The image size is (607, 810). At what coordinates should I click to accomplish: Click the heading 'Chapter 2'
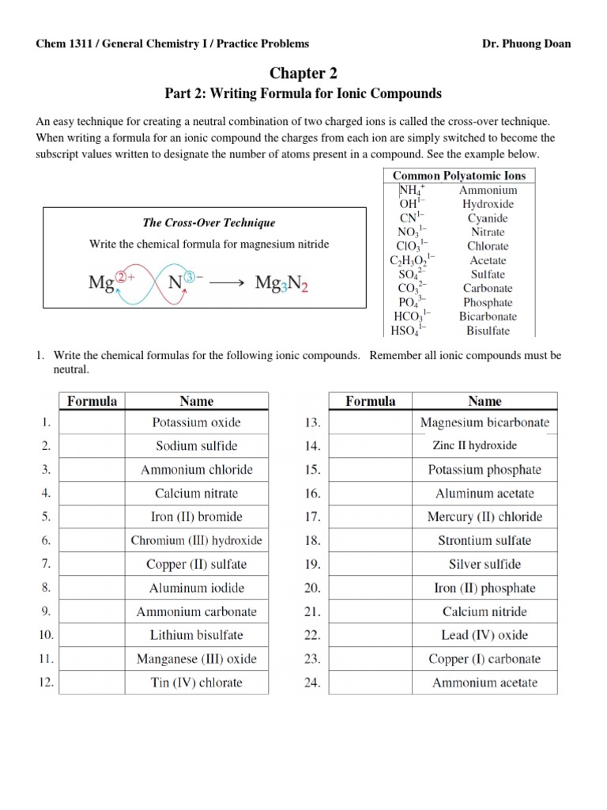pyautogui.click(x=303, y=74)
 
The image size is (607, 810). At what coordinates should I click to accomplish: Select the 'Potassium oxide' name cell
pyautogui.click(x=196, y=422)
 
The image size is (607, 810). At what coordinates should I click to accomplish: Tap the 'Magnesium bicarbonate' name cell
pyautogui.click(x=484, y=422)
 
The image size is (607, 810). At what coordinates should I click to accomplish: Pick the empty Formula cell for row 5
pyautogui.click(x=92, y=517)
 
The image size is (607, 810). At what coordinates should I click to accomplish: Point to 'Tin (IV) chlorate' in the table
pyautogui.click(x=196, y=683)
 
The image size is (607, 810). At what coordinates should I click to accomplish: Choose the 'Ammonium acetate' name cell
pyautogui.click(x=484, y=683)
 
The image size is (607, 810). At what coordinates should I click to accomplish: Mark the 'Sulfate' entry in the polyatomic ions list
pyautogui.click(x=488, y=274)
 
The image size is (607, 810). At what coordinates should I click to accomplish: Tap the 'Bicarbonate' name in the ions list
pyautogui.click(x=488, y=316)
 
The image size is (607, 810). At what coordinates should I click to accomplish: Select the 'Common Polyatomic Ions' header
pyautogui.click(x=459, y=176)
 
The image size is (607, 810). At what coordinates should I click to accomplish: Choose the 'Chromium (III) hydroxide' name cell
pyautogui.click(x=196, y=541)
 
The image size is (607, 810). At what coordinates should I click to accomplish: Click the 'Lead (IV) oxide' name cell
pyautogui.click(x=484, y=635)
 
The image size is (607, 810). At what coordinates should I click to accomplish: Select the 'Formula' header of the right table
pyautogui.click(x=371, y=401)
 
